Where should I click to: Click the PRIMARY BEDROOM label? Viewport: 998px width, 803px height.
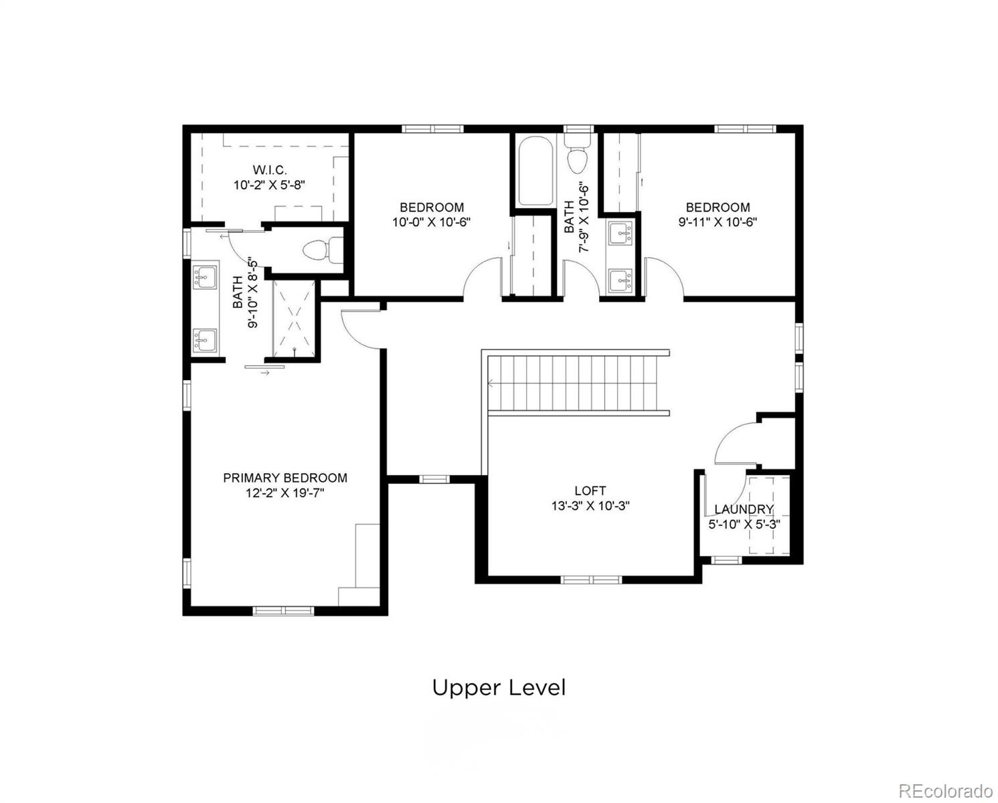tap(285, 478)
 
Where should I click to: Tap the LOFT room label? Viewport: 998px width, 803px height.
tap(590, 491)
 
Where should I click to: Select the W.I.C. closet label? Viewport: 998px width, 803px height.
tap(269, 170)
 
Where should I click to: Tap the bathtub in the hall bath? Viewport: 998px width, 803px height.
tap(535, 171)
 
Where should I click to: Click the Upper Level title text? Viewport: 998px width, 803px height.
tap(499, 688)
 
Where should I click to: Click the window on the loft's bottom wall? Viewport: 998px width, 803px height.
tap(592, 579)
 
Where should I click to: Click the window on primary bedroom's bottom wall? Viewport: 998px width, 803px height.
tap(284, 610)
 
